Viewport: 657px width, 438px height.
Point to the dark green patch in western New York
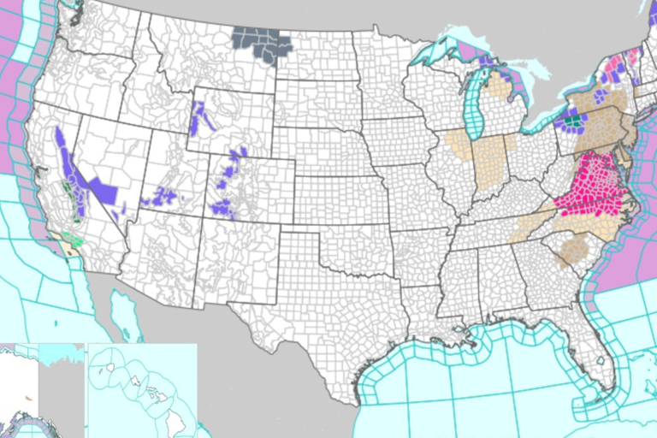coord(572,123)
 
